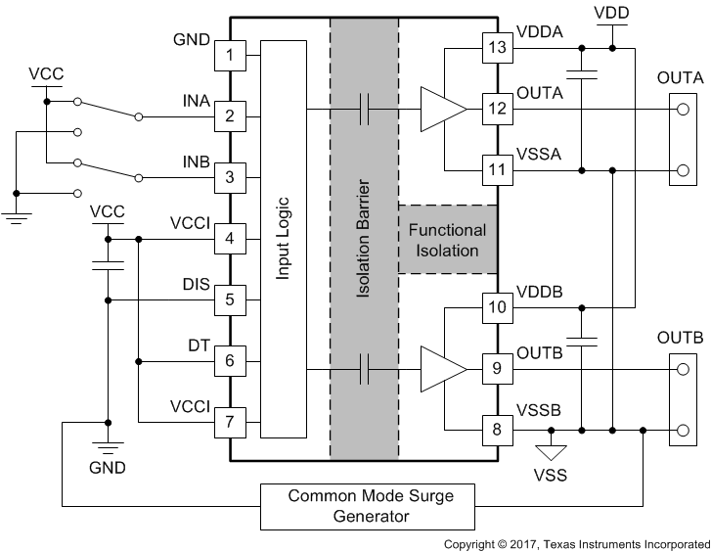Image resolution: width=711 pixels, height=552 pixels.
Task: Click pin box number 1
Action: [230, 55]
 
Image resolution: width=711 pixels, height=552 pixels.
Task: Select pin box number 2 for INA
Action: [230, 115]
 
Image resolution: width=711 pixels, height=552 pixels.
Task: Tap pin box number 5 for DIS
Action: [230, 299]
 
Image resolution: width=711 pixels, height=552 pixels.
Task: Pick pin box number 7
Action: [230, 422]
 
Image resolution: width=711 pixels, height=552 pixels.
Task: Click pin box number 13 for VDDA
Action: [499, 47]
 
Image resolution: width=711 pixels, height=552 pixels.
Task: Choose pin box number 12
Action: [499, 108]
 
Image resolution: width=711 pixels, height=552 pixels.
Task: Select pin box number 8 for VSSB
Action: [499, 429]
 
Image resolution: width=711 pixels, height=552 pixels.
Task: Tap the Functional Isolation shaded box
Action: [447, 241]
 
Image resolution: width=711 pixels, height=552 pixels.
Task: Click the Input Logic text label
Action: [284, 239]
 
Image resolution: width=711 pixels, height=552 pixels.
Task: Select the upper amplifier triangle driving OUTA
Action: [441, 108]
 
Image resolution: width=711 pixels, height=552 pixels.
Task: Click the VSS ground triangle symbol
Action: [551, 453]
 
